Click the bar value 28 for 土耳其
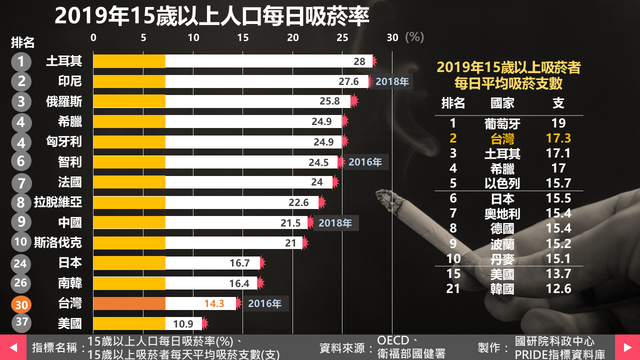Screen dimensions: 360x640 pyautogui.click(x=359, y=61)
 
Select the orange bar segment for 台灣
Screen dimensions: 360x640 pyautogui.click(x=129, y=303)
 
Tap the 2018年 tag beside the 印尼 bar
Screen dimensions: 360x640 pyautogui.click(x=392, y=81)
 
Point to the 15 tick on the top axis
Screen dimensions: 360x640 pyautogui.click(x=243, y=37)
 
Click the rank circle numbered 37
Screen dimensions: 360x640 pyautogui.click(x=21, y=322)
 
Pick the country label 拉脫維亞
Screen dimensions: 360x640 pyautogui.click(x=57, y=202)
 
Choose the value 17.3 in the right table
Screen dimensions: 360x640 pyautogui.click(x=558, y=138)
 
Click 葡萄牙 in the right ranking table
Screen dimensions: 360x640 pyautogui.click(x=502, y=123)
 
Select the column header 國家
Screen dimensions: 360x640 pyautogui.click(x=502, y=103)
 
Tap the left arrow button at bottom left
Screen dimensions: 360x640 pyautogui.click(x=13, y=347)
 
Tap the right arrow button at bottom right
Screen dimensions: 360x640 pyautogui.click(x=627, y=347)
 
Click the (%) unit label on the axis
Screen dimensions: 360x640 pyautogui.click(x=414, y=37)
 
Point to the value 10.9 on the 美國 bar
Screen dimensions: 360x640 pyautogui.click(x=183, y=324)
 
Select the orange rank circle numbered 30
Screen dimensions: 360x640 pyautogui.click(x=21, y=304)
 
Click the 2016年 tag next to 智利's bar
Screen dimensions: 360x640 pyautogui.click(x=365, y=162)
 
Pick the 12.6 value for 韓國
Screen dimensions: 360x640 pyautogui.click(x=558, y=288)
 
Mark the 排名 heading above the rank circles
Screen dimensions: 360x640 pyautogui.click(x=22, y=43)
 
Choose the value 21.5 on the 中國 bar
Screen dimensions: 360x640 pyautogui.click(x=290, y=223)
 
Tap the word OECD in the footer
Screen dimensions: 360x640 pyautogui.click(x=394, y=341)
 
